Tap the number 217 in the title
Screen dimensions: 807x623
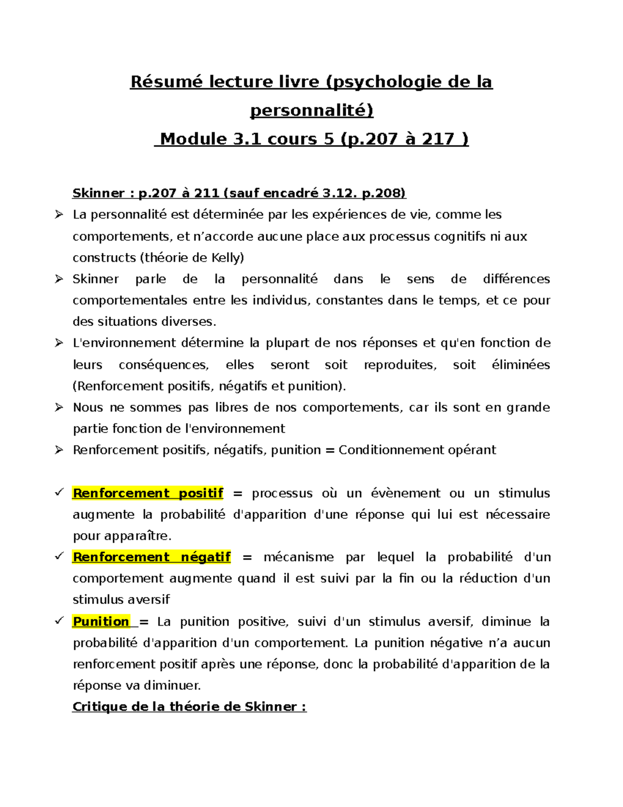439,139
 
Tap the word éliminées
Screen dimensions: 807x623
521,365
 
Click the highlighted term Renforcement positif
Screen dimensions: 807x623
148,493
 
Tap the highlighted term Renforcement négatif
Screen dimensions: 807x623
152,557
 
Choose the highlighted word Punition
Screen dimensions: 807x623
101,621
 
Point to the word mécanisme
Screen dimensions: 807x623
299,557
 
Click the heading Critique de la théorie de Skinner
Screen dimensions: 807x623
189,707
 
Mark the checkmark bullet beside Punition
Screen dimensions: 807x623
59,620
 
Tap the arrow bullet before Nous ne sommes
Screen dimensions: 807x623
59,407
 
